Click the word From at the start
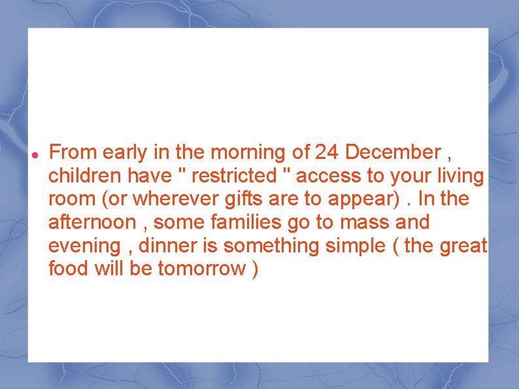coord(73,152)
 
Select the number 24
coord(327,152)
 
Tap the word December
coord(393,152)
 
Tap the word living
coord(460,176)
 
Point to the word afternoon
coord(92,223)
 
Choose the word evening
coord(84,246)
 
